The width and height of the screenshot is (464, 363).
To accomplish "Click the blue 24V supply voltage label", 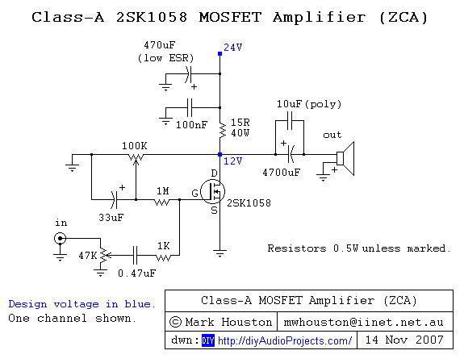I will click(x=232, y=48).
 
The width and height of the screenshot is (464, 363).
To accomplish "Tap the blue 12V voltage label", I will click(x=232, y=161).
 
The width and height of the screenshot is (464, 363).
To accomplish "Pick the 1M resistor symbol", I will click(x=163, y=202).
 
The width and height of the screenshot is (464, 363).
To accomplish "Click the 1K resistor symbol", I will click(x=164, y=257).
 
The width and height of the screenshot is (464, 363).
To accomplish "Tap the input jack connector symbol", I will click(x=60, y=238).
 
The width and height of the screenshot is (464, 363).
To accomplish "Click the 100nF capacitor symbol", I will click(x=190, y=106).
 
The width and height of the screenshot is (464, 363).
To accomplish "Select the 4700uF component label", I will click(x=282, y=172).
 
